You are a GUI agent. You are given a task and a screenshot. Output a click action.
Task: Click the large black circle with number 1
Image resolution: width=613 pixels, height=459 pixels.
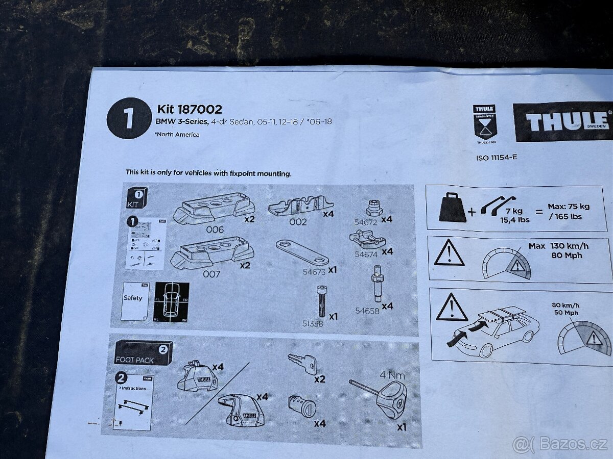pyautogui.click(x=129, y=118)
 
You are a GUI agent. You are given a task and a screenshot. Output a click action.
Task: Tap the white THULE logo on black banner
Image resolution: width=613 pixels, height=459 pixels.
pyautogui.click(x=564, y=122)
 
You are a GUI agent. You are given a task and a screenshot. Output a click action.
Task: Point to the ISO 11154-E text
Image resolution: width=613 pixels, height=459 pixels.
pyautogui.click(x=496, y=157)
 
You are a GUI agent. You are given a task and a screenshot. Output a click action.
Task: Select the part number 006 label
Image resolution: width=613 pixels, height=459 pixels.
pyautogui.click(x=215, y=229)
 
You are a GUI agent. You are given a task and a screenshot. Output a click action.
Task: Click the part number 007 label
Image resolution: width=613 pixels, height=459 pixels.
pyautogui.click(x=211, y=274)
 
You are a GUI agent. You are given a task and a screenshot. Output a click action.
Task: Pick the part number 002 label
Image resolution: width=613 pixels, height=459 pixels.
pyautogui.click(x=298, y=222)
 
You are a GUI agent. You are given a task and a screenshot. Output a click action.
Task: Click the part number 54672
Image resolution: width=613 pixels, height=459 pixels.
pyautogui.click(x=365, y=222)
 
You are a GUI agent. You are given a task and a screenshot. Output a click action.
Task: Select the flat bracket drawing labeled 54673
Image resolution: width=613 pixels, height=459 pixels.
pyautogui.click(x=301, y=252)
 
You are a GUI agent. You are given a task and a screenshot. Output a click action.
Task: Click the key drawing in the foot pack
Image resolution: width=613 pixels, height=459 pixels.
pyautogui.click(x=302, y=363)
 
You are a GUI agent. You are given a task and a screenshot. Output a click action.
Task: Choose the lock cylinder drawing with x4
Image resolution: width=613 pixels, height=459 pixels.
pyautogui.click(x=302, y=406)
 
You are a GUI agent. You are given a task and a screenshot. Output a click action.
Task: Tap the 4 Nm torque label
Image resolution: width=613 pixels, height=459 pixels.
pyautogui.click(x=392, y=376)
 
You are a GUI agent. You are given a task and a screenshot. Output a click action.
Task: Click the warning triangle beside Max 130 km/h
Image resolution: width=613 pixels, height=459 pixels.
pyautogui.click(x=449, y=253)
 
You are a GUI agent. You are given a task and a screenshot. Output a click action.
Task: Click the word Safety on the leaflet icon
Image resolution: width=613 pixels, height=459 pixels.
pyautogui.click(x=133, y=298)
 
